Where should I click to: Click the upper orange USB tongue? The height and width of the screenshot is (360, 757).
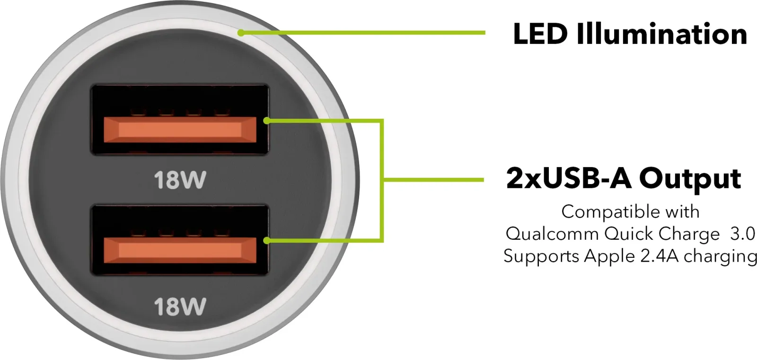(x=180, y=130)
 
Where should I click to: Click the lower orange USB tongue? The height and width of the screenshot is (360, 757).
(x=180, y=250)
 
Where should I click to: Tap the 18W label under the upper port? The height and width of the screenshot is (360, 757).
(x=180, y=180)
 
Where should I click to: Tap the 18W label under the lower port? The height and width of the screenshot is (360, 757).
(x=180, y=307)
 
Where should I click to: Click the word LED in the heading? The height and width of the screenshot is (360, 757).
(x=540, y=34)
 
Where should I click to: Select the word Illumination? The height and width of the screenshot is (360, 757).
(x=662, y=34)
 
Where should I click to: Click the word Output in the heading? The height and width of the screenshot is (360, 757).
(x=690, y=179)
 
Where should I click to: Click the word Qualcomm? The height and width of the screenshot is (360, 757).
(x=552, y=234)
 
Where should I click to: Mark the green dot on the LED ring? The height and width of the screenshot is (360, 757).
(x=241, y=33)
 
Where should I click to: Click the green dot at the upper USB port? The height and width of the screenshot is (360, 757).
(x=267, y=121)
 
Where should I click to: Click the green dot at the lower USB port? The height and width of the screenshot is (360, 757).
(x=267, y=241)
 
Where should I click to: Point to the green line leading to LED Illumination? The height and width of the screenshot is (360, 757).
(x=363, y=33)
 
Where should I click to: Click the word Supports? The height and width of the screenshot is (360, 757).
(x=541, y=257)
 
